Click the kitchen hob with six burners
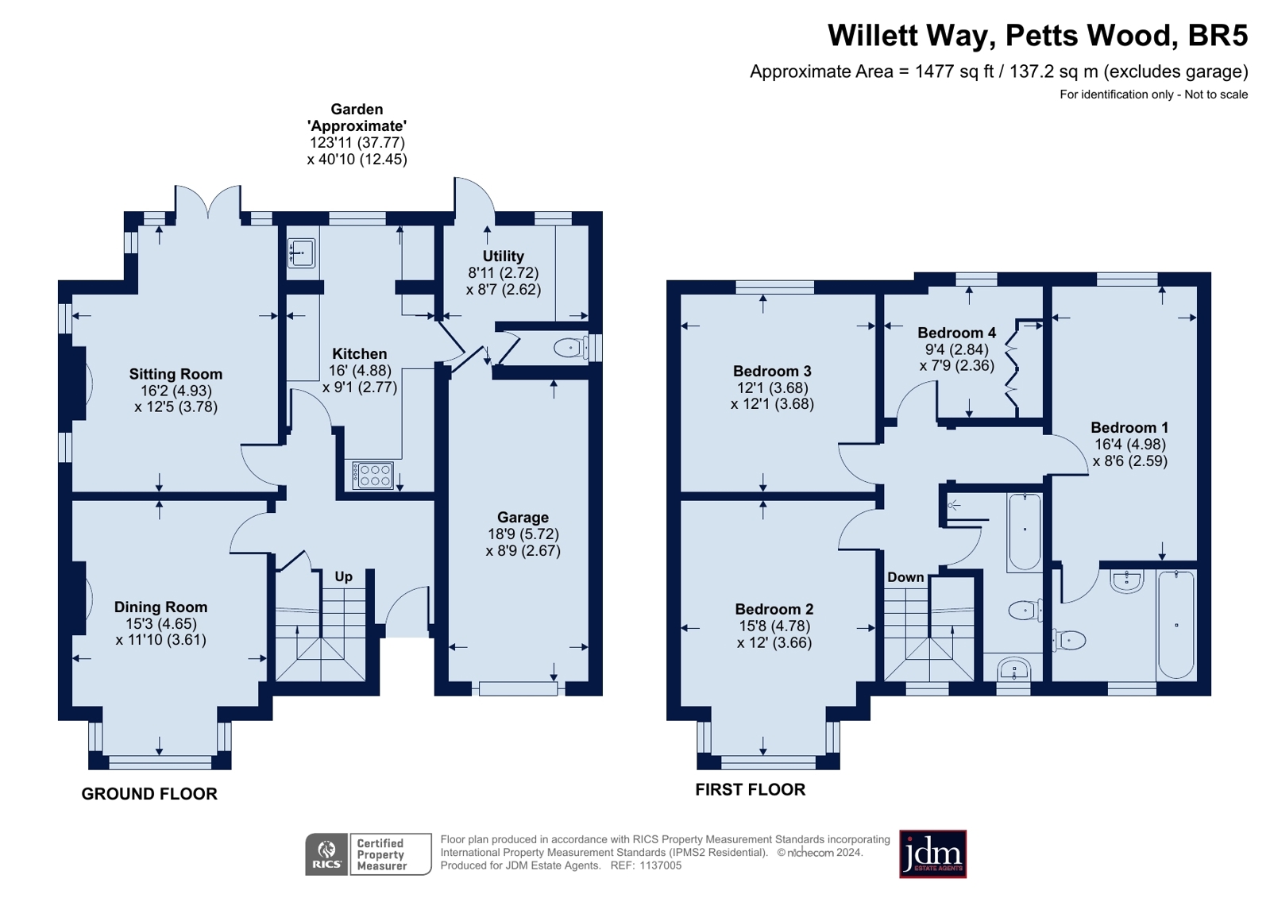click(373, 475)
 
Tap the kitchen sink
click(302, 252)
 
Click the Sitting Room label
click(176, 374)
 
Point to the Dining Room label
click(161, 607)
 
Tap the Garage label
click(523, 518)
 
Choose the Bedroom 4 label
click(957, 333)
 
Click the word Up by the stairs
click(344, 576)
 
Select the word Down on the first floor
click(905, 577)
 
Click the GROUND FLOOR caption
click(149, 794)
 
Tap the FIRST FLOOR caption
click(750, 790)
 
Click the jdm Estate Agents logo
click(932, 854)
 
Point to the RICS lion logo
click(326, 854)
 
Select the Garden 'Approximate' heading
click(357, 118)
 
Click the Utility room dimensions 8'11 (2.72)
click(503, 273)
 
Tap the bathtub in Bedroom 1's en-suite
click(1176, 624)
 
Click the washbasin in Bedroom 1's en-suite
click(1126, 582)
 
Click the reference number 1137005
click(661, 865)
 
